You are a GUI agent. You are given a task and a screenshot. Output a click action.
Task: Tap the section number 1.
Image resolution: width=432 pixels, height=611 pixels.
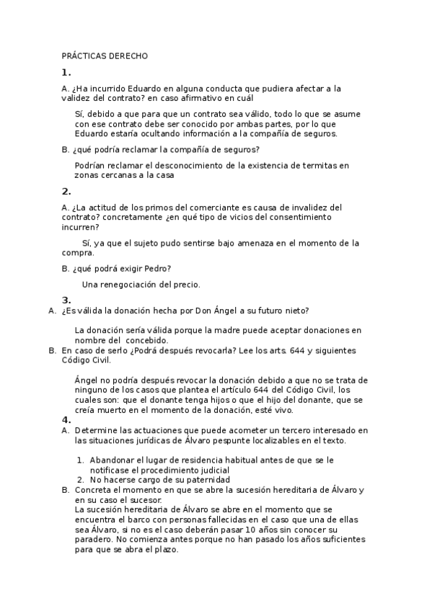click(x=66, y=72)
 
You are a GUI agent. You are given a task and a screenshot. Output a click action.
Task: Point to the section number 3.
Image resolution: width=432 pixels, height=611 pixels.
click(x=66, y=300)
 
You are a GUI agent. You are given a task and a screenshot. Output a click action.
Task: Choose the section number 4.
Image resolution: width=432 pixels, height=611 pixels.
click(x=66, y=419)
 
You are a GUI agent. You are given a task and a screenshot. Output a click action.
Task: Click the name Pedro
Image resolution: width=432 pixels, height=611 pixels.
click(x=157, y=269)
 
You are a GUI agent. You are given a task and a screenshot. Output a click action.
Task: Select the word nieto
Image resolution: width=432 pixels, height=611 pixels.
click(x=295, y=311)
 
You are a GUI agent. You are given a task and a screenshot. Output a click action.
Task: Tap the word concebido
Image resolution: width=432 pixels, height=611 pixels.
click(x=147, y=340)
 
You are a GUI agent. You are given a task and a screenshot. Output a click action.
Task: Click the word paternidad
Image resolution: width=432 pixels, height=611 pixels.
click(x=203, y=479)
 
